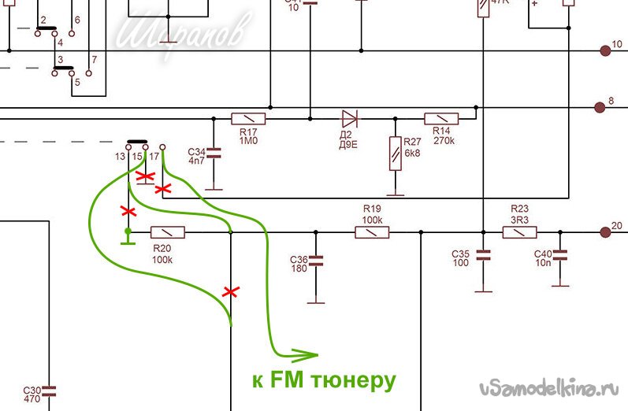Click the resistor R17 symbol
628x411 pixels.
tap(248, 119)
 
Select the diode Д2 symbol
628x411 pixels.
tap(350, 119)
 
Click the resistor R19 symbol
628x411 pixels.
tap(371, 231)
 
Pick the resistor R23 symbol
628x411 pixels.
tap(520, 231)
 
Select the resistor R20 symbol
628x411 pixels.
tap(167, 231)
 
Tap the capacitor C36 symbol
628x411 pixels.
tap(315, 260)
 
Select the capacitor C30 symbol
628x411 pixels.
tap(49, 391)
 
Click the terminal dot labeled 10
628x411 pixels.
tap(605, 50)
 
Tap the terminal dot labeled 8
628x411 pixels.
tap(605, 106)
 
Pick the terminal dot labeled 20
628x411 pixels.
tap(605, 231)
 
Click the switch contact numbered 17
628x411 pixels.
tap(162, 147)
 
